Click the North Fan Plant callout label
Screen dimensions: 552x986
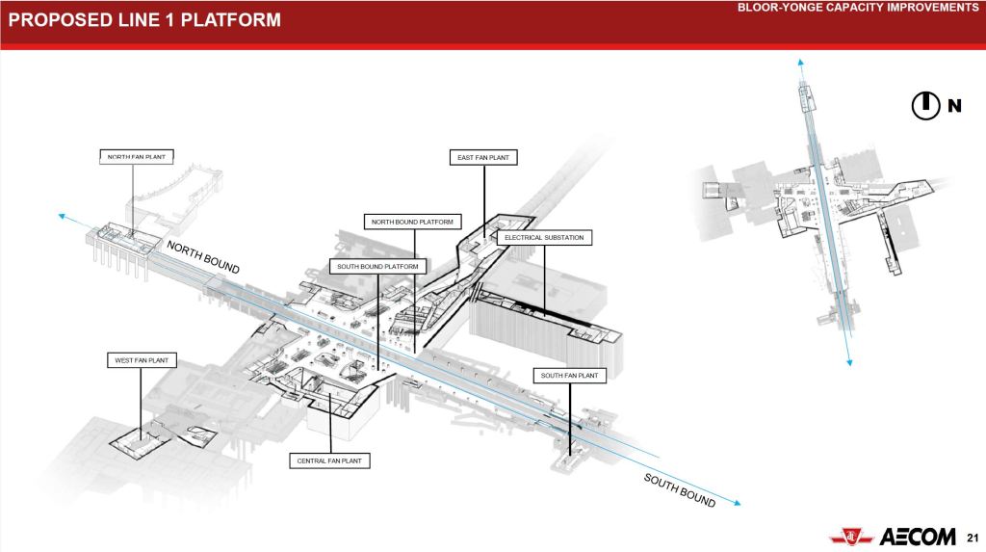(135, 156)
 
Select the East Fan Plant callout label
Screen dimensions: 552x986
(485, 156)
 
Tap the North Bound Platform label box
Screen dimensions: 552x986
(412, 223)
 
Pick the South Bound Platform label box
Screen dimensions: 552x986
(376, 266)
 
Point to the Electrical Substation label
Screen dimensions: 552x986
(544, 237)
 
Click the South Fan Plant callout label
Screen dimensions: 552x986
(569, 375)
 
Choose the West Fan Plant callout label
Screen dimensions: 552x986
(142, 360)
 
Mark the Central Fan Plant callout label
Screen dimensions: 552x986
(330, 461)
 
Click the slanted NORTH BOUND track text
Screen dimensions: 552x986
(203, 256)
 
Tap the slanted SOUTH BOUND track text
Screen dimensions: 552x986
(680, 490)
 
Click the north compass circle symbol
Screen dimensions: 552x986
(925, 105)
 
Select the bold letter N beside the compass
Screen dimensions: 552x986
(954, 106)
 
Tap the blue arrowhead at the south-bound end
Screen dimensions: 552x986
(739, 501)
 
